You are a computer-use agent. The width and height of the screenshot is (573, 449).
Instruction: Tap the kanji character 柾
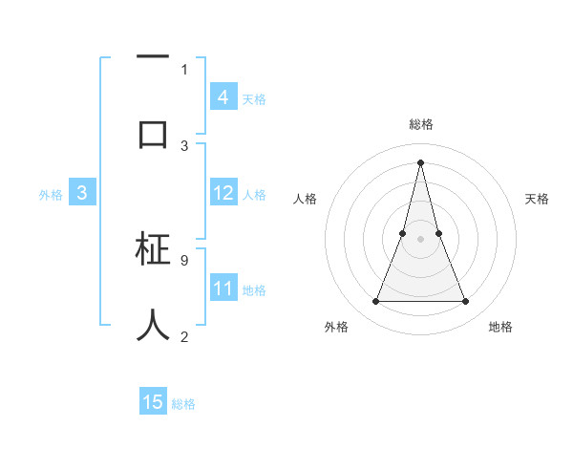pos(153,252)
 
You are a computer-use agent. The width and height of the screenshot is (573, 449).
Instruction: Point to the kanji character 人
pos(153,325)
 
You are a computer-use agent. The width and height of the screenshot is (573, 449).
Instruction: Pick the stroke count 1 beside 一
pos(184,69)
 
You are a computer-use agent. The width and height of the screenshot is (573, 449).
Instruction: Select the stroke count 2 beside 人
pos(184,336)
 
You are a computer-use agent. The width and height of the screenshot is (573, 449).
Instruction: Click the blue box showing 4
pos(223,97)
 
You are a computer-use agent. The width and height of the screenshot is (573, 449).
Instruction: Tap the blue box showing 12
pos(223,193)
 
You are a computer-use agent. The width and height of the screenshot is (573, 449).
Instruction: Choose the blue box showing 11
pos(223,289)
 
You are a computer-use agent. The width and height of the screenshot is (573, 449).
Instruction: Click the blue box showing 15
pos(153,402)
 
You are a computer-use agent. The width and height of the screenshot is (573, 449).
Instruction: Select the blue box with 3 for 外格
pos(82,193)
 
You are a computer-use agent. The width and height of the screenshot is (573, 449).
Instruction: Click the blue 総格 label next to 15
pos(183,404)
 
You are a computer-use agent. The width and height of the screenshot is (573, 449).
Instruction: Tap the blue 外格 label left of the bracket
pos(51,195)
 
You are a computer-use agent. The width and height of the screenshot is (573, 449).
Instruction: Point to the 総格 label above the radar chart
pos(420,124)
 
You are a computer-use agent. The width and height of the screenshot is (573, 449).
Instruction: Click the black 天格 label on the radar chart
pos(537,199)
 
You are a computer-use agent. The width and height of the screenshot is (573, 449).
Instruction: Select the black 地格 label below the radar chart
pos(500,327)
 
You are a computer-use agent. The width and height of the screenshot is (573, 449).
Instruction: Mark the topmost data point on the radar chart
pos(420,161)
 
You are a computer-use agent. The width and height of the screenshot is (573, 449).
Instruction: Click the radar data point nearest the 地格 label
pos(466,302)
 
